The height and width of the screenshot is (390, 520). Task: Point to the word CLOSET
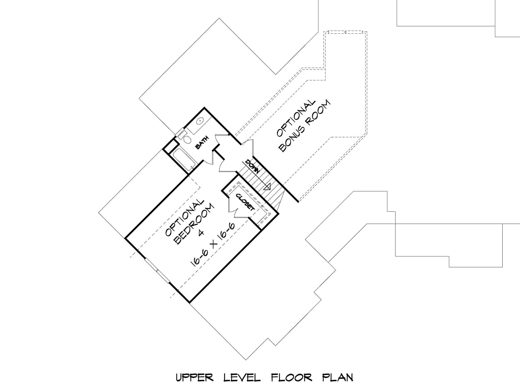point(245,202)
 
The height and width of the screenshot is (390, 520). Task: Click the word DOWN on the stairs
point(252,166)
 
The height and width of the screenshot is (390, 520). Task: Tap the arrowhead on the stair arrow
point(268,187)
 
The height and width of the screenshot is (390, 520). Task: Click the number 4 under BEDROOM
point(201,232)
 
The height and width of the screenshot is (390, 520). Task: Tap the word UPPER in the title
point(194,378)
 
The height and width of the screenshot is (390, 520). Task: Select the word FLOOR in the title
point(291,378)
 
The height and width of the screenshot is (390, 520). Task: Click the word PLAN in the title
point(337,378)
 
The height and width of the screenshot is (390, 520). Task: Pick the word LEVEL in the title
point(242,378)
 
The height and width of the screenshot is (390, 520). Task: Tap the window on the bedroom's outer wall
point(157,270)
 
